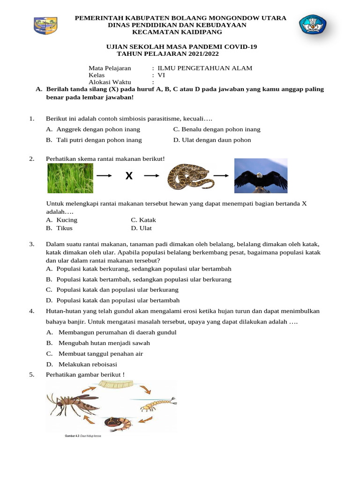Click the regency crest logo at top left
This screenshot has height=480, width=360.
coord(45,25)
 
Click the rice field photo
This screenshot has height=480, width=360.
coord(70,176)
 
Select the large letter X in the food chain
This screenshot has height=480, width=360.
coord(129,176)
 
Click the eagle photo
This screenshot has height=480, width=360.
coord(261,176)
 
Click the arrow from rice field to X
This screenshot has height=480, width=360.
coord(104,176)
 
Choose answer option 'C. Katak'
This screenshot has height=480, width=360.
coord(143,220)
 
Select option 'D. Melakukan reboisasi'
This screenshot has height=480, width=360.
coord(82,364)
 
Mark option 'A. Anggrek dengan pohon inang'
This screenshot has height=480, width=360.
coord(93,129)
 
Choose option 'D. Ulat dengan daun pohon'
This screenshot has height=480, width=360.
coord(212,140)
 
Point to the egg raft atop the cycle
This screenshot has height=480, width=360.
coord(115,385)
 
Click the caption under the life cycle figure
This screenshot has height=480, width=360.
coord(83,435)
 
